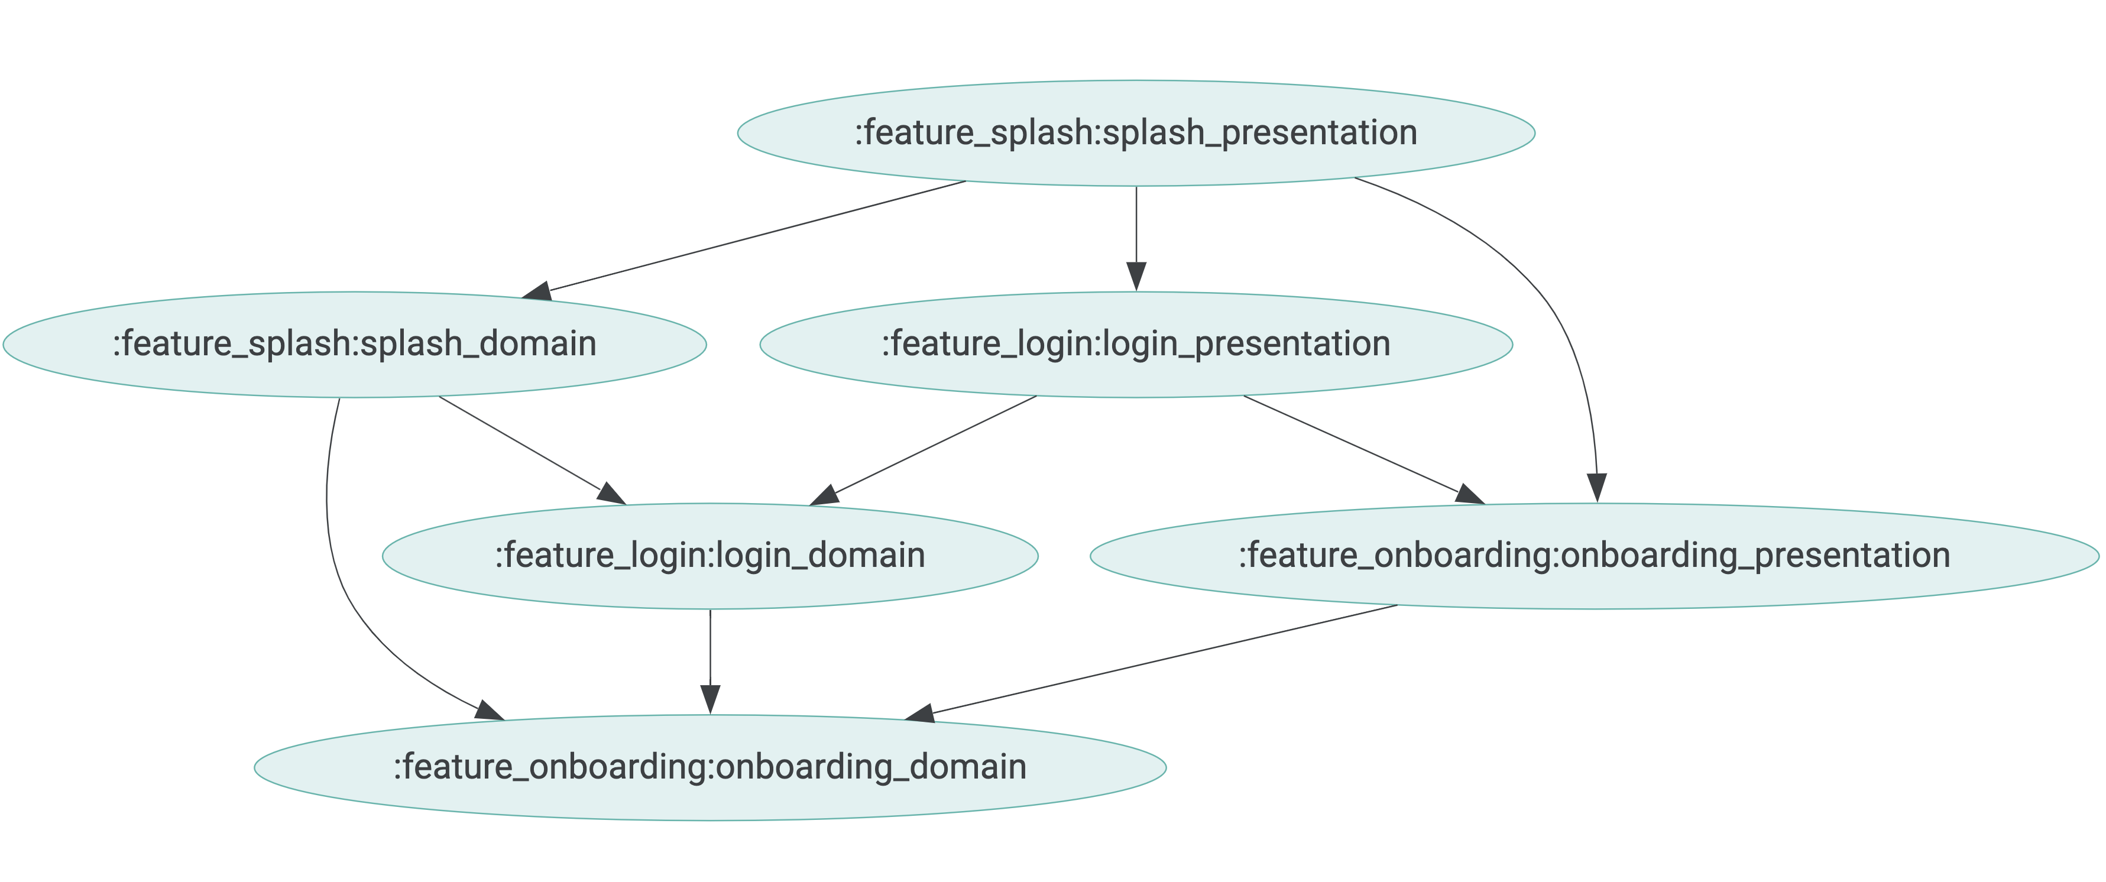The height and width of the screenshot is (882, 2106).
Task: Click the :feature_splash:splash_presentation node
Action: click(x=1136, y=133)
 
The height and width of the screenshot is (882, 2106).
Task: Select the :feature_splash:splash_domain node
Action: click(x=354, y=344)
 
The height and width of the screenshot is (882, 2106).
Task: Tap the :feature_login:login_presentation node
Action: click(x=1136, y=344)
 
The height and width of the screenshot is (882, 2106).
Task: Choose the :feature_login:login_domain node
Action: click(x=709, y=556)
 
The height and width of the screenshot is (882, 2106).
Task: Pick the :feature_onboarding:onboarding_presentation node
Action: click(x=1594, y=556)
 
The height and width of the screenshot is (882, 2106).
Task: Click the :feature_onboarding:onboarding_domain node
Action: click(x=709, y=767)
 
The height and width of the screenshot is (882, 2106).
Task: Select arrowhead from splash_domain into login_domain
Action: click(x=611, y=494)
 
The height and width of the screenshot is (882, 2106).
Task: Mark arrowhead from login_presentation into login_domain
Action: click(x=825, y=495)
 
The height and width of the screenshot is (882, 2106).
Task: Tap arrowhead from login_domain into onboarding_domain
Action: click(x=709, y=700)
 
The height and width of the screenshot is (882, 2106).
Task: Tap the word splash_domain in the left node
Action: click(x=478, y=344)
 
